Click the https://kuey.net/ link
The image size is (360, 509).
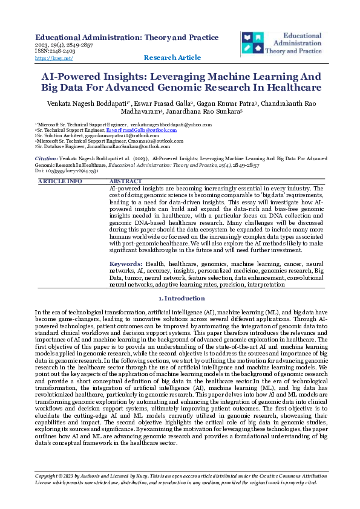click(x=54, y=59)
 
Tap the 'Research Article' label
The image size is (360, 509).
click(x=172, y=57)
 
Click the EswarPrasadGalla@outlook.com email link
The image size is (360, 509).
click(x=141, y=130)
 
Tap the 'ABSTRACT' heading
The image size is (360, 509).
click(x=125, y=181)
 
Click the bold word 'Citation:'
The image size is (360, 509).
click(x=47, y=157)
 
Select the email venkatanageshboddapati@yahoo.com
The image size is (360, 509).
click(x=171, y=125)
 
